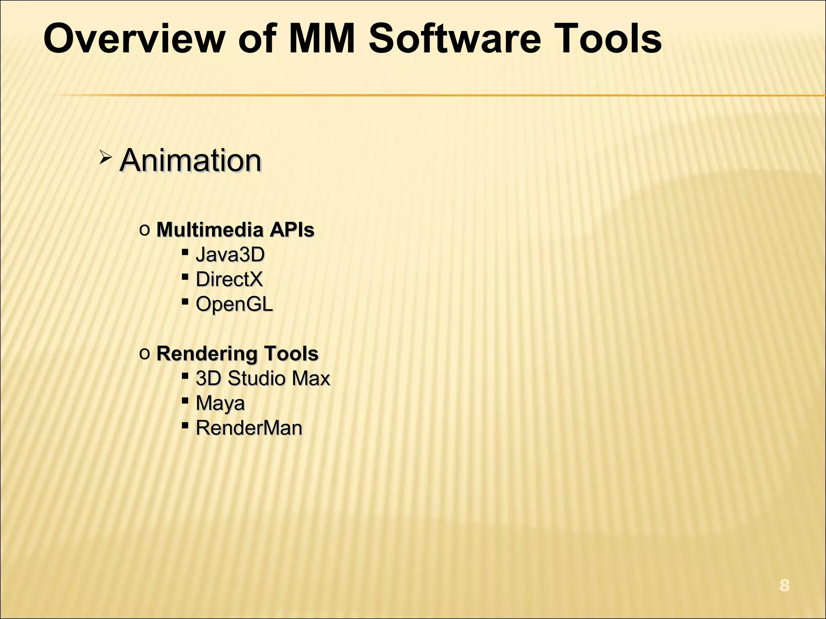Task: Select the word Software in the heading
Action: point(454,39)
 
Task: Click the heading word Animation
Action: point(190,160)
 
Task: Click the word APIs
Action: point(292,230)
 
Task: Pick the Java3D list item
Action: point(230,255)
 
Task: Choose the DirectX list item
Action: point(229,279)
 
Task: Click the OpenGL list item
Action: point(234,304)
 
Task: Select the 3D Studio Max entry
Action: point(263,378)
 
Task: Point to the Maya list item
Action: point(220,403)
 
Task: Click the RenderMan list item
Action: point(248,428)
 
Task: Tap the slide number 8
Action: point(784,585)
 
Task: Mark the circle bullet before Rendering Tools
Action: point(144,353)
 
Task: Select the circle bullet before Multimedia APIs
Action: point(144,230)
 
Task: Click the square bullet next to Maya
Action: point(185,401)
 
